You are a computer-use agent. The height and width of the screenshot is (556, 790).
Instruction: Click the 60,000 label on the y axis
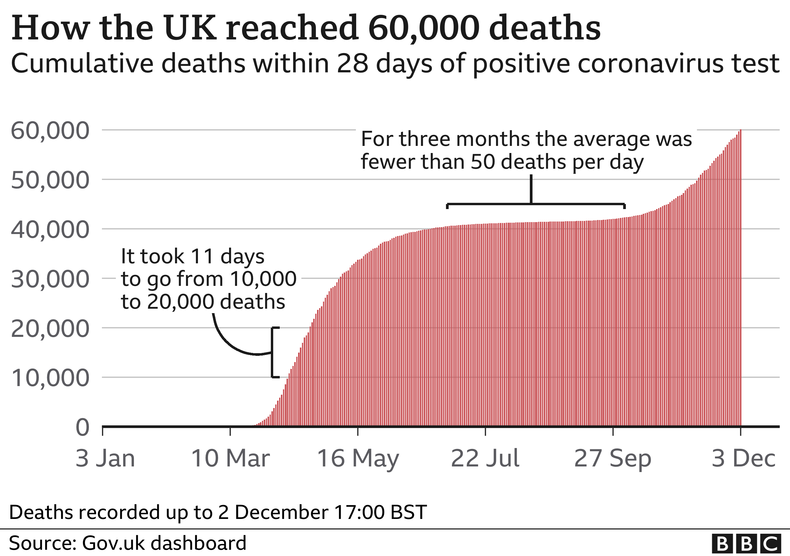pyautogui.click(x=50, y=131)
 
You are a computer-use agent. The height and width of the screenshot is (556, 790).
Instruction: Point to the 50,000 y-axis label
pyautogui.click(x=50, y=180)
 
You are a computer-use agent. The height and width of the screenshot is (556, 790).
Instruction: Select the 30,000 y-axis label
pyautogui.click(x=50, y=279)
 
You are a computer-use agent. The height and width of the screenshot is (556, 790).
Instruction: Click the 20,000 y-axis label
pyautogui.click(x=50, y=329)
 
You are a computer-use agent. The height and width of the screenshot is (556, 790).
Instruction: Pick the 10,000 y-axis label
pyautogui.click(x=50, y=378)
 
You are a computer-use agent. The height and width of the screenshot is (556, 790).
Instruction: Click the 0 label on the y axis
pyautogui.click(x=83, y=428)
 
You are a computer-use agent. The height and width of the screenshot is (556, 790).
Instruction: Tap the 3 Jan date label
pyautogui.click(x=105, y=458)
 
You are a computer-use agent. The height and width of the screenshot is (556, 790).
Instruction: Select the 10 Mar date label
pyautogui.click(x=231, y=458)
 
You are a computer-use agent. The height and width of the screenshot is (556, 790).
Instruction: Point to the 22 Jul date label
pyautogui.click(x=485, y=458)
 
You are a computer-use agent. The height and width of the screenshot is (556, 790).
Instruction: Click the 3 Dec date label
pyautogui.click(x=743, y=458)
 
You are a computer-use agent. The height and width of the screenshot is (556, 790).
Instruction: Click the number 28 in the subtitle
pyautogui.click(x=351, y=64)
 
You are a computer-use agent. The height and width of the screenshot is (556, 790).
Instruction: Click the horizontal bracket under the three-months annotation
pyautogui.click(x=536, y=204)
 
